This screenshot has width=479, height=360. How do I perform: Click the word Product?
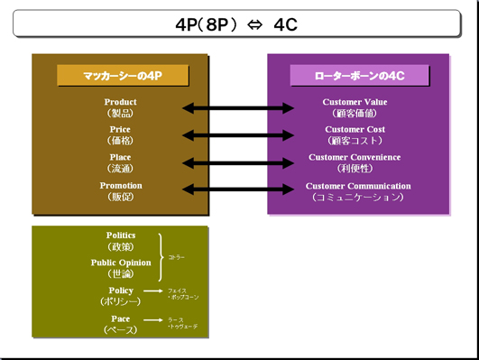[120, 103]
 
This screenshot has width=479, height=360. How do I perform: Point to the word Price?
[120, 130]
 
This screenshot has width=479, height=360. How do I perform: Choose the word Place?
[120, 158]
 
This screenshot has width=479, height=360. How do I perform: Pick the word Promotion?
[120, 186]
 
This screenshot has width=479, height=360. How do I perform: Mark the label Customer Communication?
[357, 186]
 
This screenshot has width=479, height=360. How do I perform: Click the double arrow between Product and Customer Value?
[238, 108]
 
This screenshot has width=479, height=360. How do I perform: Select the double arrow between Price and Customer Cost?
[238, 135]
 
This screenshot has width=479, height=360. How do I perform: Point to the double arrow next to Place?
[238, 162]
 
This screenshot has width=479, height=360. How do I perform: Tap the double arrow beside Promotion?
[238, 189]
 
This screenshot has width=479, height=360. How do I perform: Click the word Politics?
[120, 235]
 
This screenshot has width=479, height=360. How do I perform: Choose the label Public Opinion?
[120, 263]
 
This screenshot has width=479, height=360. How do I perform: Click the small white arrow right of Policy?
[155, 292]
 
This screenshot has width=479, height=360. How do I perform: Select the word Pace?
[120, 318]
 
